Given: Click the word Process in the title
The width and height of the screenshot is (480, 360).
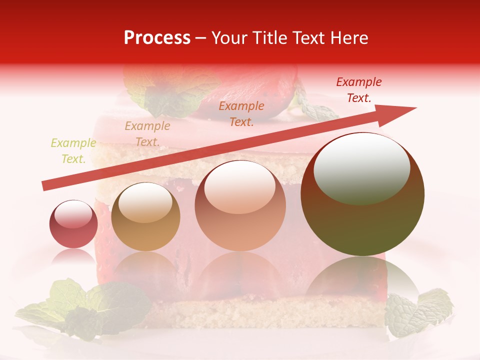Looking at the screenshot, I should pos(157,38).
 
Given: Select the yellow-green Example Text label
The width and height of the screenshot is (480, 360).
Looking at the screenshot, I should pos(73,151).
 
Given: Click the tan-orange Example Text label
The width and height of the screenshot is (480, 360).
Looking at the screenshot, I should pos(147,134).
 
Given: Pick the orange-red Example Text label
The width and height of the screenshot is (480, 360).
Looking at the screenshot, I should pos(241,113).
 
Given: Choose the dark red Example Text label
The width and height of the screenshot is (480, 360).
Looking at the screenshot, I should pos(358,90).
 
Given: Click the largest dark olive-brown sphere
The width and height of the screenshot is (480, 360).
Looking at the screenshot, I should pos(362,220).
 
